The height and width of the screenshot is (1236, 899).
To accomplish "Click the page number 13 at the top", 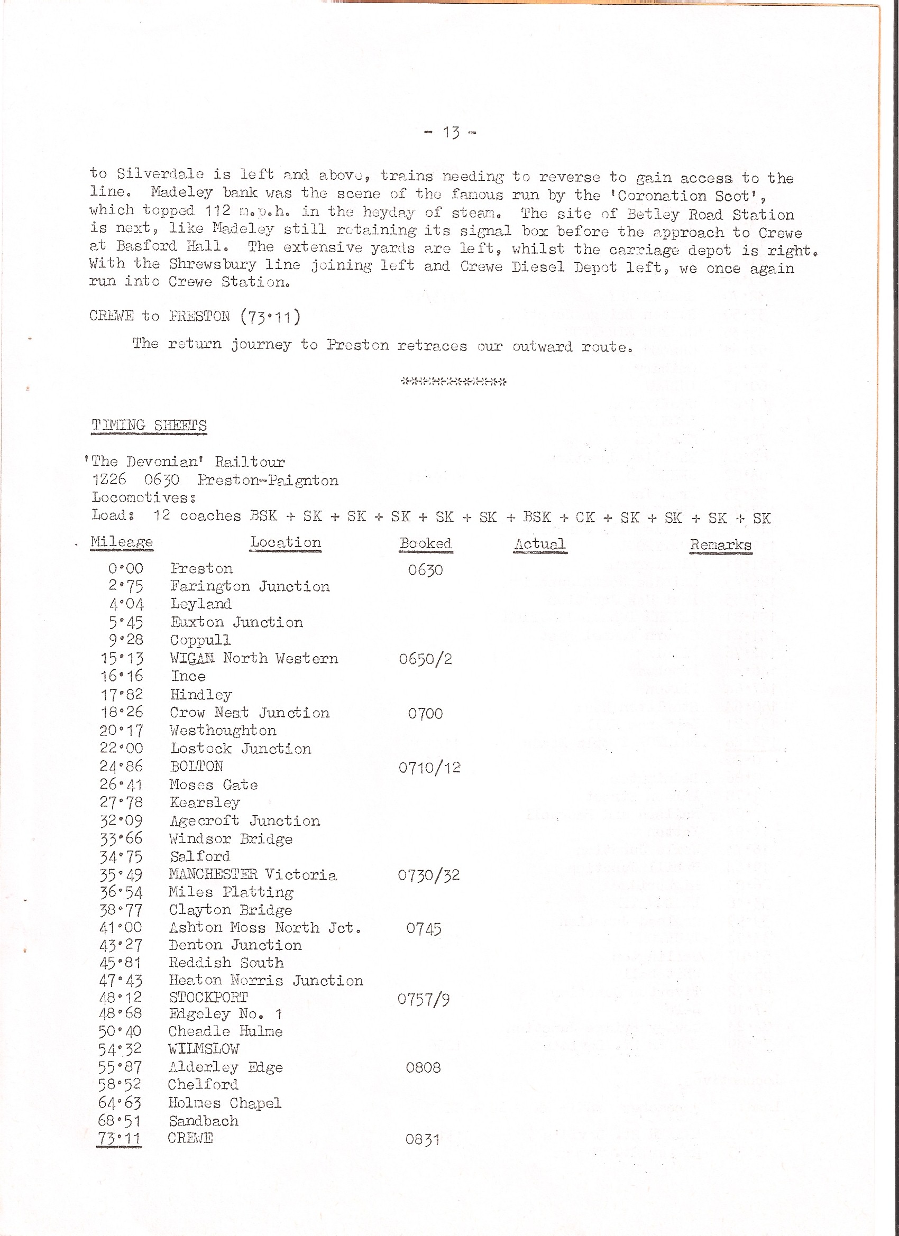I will [451, 132].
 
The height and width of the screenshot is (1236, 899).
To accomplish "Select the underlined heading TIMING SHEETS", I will [149, 426].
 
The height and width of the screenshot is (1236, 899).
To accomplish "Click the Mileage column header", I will [122, 542].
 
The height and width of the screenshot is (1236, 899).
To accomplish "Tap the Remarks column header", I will [720, 545].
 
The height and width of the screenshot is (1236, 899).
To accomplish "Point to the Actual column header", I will [540, 544].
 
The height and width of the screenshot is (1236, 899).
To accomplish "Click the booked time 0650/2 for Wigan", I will [425, 659].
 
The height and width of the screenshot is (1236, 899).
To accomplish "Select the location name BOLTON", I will [196, 766].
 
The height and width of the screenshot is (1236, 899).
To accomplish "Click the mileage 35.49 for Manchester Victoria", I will [121, 875].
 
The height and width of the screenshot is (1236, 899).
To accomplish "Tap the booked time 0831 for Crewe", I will [422, 1139].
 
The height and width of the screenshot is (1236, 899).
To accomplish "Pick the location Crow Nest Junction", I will [250, 713].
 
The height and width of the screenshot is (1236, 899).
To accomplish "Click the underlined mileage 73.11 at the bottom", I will [120, 1138].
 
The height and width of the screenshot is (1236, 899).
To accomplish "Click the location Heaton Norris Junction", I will [266, 981].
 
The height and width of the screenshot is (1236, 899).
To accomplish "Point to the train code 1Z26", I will [109, 479].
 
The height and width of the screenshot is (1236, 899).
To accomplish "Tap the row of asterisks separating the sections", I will [454, 382].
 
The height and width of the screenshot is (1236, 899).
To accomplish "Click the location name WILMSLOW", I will [204, 1049].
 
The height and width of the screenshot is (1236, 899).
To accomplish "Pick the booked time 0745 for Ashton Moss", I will [424, 929].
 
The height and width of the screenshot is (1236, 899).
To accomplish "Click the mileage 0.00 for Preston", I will [125, 569].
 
